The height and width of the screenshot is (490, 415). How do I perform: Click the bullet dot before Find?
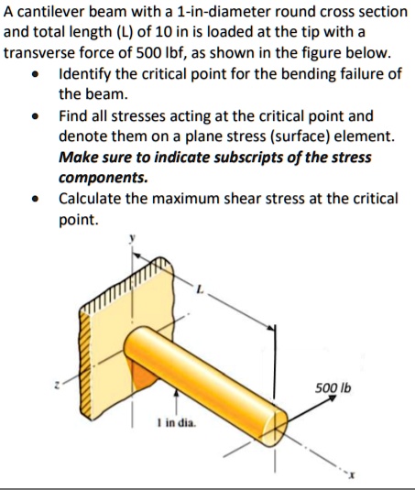(x=34, y=117)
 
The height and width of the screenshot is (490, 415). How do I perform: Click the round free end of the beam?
(x=276, y=420)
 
